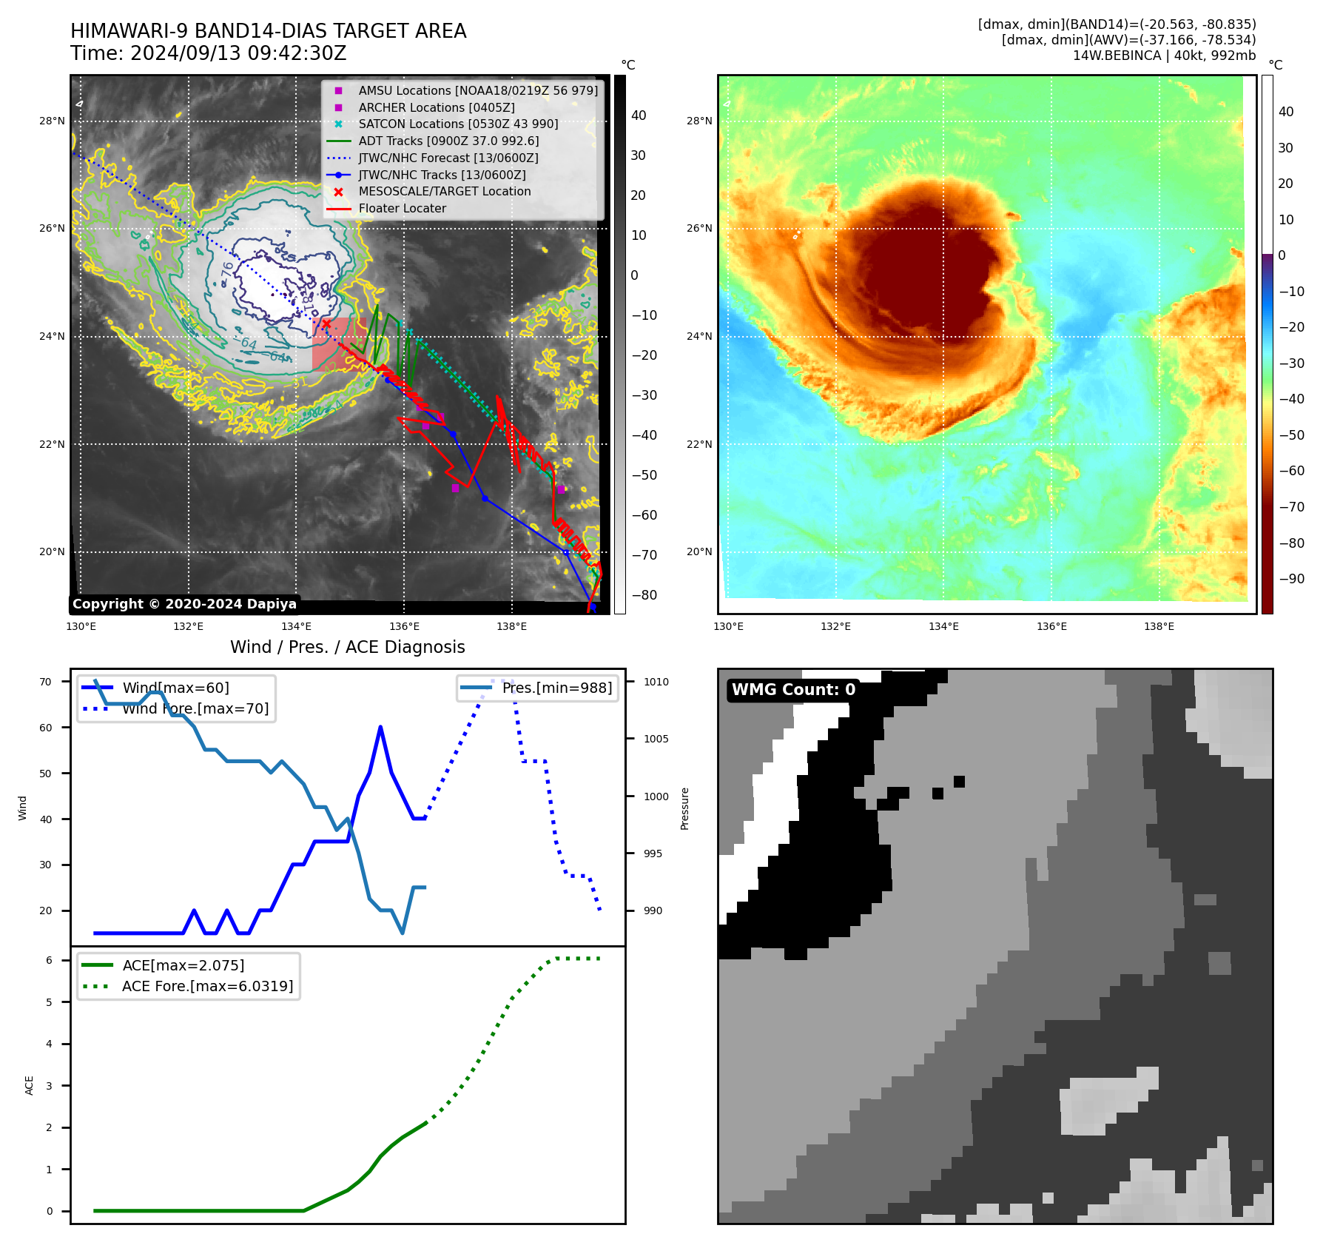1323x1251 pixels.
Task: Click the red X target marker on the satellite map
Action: pos(326,323)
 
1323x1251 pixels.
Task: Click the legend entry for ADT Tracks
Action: pos(448,141)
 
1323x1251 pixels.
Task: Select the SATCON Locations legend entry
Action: pos(458,124)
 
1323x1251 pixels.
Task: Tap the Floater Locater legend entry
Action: pos(402,209)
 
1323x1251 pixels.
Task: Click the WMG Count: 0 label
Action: pos(793,690)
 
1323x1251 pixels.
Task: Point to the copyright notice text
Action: pos(184,604)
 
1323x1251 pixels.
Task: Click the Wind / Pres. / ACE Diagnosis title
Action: pos(348,647)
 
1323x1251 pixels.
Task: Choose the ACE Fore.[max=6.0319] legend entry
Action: pos(207,986)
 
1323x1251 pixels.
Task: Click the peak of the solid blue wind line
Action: pos(380,727)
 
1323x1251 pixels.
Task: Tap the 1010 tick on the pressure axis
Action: pos(656,682)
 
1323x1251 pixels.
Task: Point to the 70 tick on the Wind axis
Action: pos(46,682)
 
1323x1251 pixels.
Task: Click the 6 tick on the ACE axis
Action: pos(50,960)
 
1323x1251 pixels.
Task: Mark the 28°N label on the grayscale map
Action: pos(52,121)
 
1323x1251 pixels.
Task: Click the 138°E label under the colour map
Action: pos(1159,626)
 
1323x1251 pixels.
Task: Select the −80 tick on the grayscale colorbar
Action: pos(644,595)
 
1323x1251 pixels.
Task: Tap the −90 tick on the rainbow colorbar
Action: pos(1291,579)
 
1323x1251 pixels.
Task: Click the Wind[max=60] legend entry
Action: pos(175,688)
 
